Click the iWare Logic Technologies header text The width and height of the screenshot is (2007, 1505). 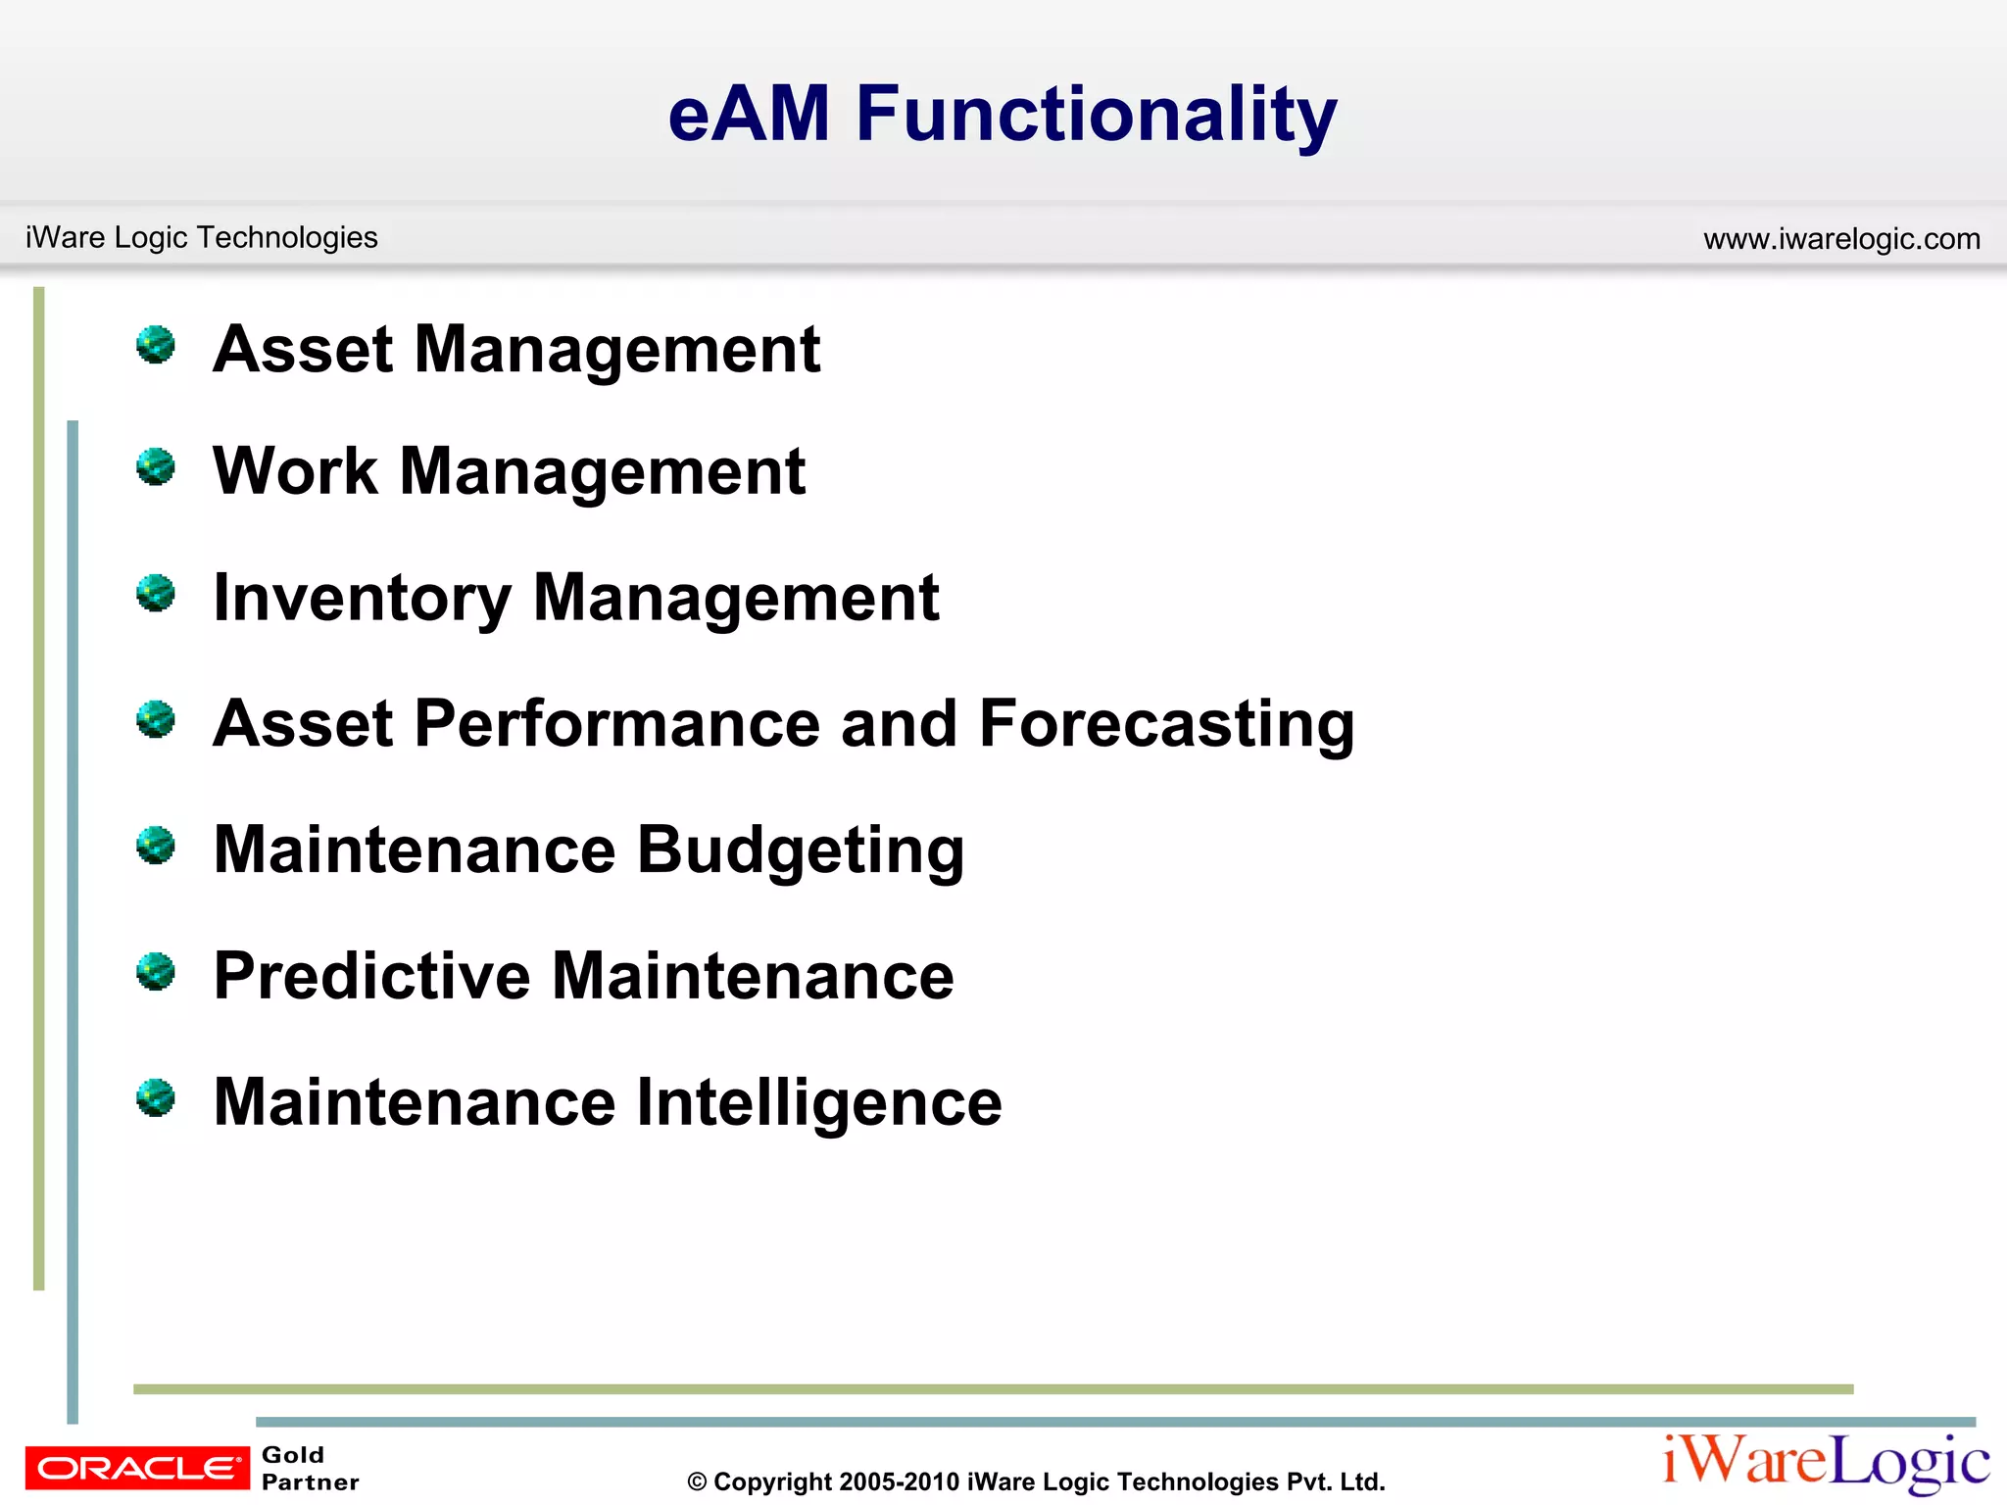201,237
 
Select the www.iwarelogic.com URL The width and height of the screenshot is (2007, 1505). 1841,238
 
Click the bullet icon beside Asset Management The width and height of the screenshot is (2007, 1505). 156,345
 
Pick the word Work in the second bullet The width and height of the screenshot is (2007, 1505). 294,471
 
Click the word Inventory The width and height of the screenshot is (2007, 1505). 362,598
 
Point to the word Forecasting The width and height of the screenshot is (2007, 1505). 1166,723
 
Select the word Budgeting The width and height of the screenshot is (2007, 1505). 800,850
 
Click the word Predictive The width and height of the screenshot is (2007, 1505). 371,976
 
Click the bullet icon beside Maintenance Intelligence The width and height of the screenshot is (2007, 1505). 156,1097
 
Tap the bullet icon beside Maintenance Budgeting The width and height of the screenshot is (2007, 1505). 156,845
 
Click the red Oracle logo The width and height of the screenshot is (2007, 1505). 137,1468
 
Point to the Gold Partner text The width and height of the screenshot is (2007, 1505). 310,1468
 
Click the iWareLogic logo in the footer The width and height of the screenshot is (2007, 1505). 1826,1462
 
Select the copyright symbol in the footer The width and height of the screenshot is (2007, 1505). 697,1482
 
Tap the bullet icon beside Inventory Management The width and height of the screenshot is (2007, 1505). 156,593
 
